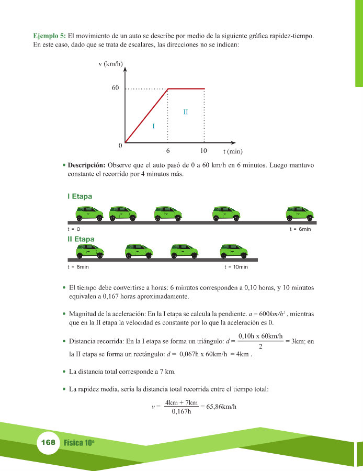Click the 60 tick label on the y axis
(x=116, y=88)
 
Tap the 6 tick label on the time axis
(x=168, y=151)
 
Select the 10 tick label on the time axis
(x=204, y=151)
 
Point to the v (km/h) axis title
(x=110, y=64)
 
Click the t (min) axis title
(x=233, y=152)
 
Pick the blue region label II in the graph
(x=185, y=111)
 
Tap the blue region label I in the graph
(x=153, y=126)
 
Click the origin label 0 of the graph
(x=120, y=145)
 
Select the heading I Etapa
(x=80, y=196)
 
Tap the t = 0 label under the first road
(x=74, y=230)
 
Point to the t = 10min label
(x=236, y=267)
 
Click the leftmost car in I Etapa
(x=90, y=213)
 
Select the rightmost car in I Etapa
(x=300, y=213)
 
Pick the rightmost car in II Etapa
(x=233, y=251)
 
